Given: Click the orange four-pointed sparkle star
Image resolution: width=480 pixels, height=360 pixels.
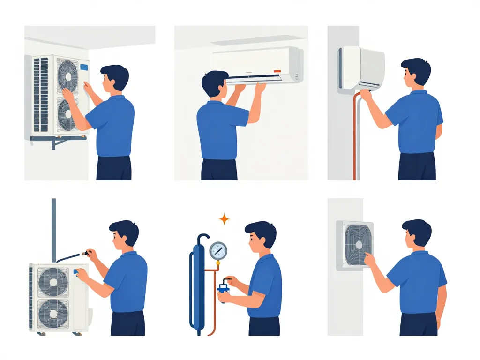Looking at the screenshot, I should pyautogui.click(x=225, y=219).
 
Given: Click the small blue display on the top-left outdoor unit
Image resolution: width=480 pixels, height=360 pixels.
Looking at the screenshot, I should pyautogui.click(x=84, y=67).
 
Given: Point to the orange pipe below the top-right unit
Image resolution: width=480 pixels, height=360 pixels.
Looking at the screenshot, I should pyautogui.click(x=354, y=141).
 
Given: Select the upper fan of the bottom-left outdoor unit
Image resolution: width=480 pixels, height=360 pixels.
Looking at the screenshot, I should pyautogui.click(x=52, y=281).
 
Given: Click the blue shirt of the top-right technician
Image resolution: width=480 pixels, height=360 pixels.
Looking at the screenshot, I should pyautogui.click(x=415, y=122).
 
